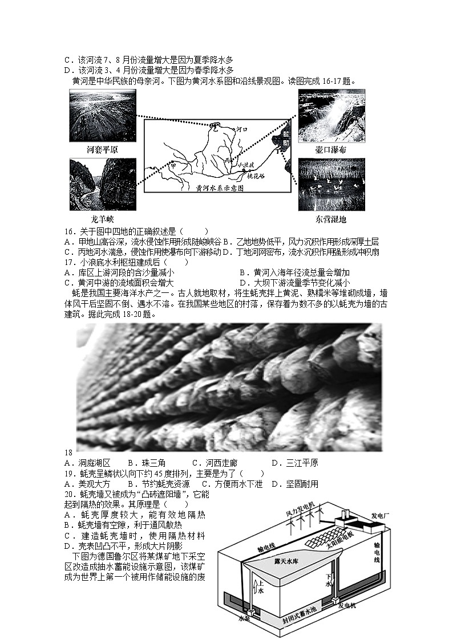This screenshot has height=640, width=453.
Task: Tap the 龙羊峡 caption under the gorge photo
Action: [x=103, y=219]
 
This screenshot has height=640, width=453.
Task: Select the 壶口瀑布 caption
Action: [x=331, y=149]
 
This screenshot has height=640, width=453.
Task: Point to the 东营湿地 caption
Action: [x=330, y=219]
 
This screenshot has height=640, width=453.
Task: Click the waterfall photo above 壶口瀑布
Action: [x=331, y=116]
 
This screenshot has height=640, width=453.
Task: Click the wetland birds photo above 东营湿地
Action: [x=331, y=185]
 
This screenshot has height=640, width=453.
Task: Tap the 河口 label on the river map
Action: [x=242, y=130]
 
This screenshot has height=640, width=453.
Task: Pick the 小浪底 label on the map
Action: [x=248, y=165]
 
